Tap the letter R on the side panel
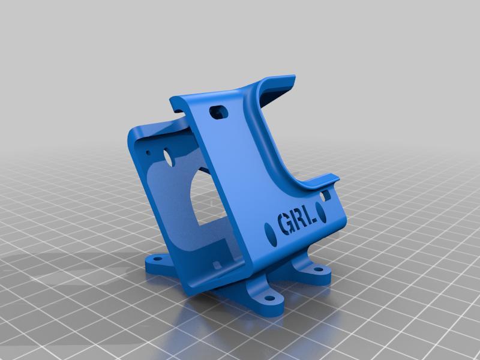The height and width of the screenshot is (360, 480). [298, 222]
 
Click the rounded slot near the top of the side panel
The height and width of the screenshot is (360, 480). [218, 112]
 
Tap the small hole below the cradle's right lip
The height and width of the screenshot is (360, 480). [327, 195]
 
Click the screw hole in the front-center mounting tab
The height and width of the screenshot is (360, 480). [263, 296]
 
